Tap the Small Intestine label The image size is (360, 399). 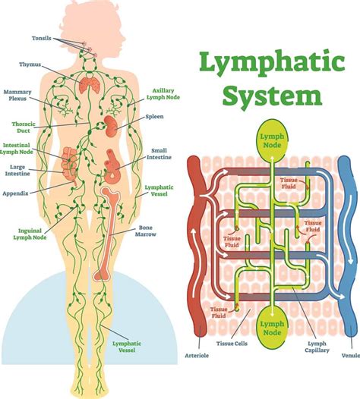coord(159,154)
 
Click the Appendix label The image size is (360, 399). coord(16,193)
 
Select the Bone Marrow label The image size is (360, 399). coord(147,231)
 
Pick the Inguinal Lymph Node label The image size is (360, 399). coord(31,233)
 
